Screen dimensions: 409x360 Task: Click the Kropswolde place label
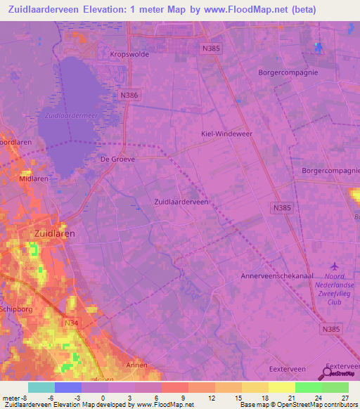pos(127,53)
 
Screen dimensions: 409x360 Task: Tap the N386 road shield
pos(129,95)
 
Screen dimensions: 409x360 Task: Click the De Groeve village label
pos(117,159)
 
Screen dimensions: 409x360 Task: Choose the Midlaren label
pos(34,178)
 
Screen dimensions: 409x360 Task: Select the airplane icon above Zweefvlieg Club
pos(333,266)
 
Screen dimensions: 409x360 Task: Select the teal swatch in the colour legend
pos(41,387)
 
